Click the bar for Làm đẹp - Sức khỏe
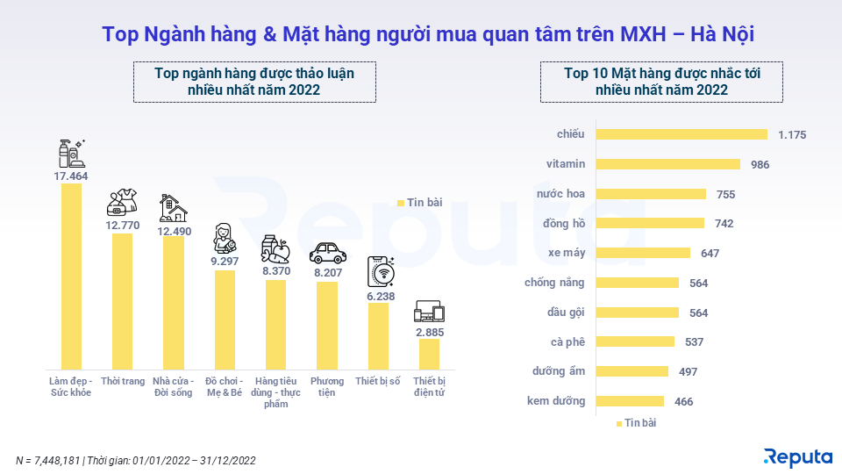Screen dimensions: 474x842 pyautogui.click(x=71, y=276)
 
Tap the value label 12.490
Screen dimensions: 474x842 pyautogui.click(x=173, y=230)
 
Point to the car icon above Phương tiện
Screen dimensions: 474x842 pyautogui.click(x=327, y=254)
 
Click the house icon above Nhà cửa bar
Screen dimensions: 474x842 pyautogui.click(x=173, y=208)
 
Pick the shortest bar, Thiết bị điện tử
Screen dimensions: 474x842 pyautogui.click(x=429, y=353)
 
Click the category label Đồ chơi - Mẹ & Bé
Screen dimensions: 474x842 pyautogui.click(x=224, y=387)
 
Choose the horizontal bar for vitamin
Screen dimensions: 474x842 pyautogui.click(x=668, y=164)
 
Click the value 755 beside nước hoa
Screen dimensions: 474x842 pyautogui.click(x=725, y=194)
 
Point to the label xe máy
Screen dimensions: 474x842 pyautogui.click(x=567, y=253)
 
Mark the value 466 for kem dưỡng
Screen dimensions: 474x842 pyautogui.click(x=683, y=401)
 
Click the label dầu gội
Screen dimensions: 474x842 pyautogui.click(x=566, y=312)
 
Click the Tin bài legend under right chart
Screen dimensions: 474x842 pyautogui.click(x=636, y=423)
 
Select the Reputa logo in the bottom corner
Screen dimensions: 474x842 pyautogui.click(x=797, y=456)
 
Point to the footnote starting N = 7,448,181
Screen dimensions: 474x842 pyautogui.click(x=136, y=460)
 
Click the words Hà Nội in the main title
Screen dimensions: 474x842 pyautogui.click(x=723, y=34)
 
